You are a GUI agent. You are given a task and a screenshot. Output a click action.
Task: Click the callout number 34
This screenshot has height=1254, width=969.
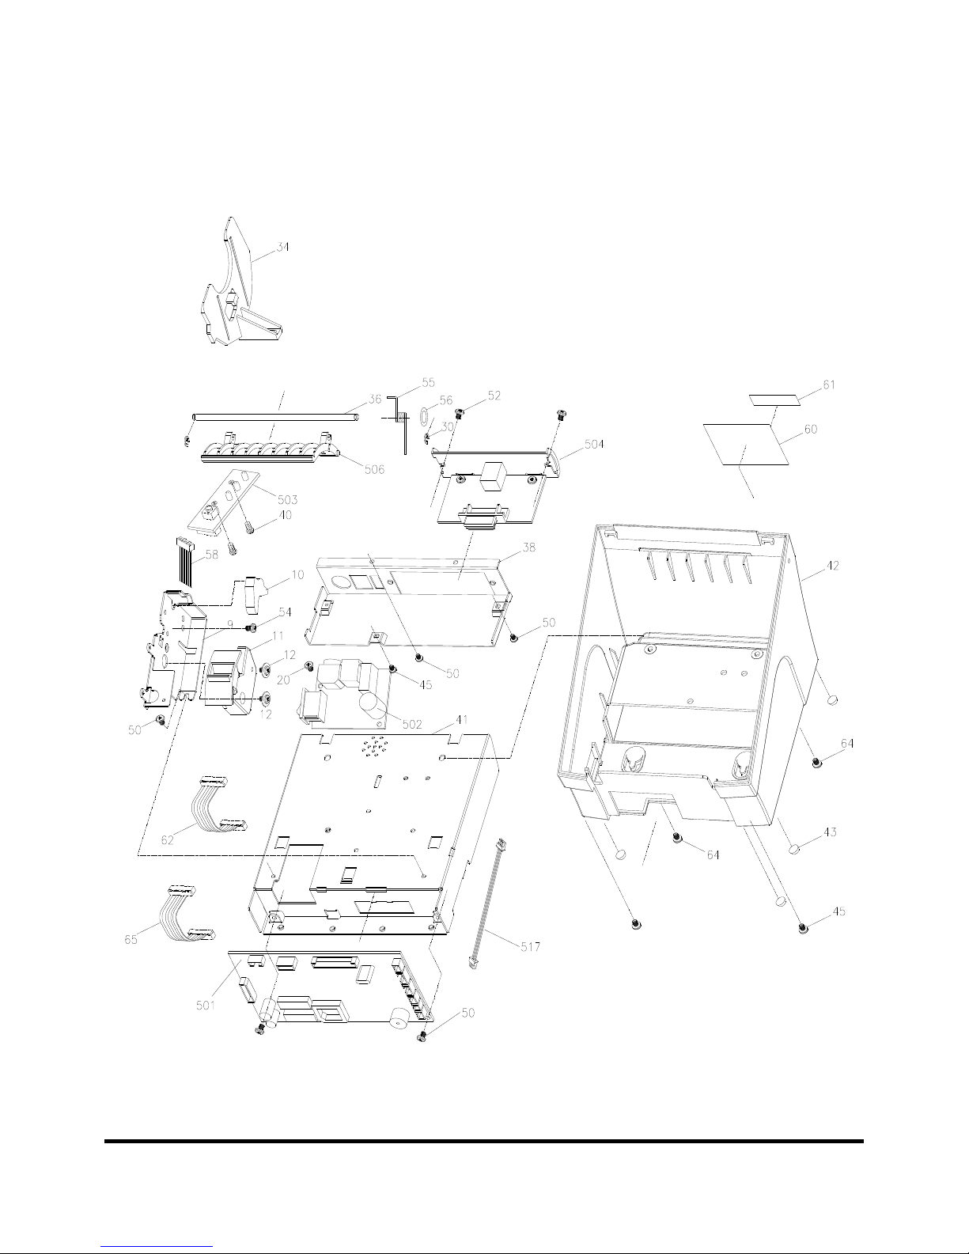pos(282,247)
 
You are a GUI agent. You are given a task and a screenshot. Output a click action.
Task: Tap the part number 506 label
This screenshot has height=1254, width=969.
pos(374,470)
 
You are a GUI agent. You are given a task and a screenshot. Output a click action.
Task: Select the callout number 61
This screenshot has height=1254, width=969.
pos(829,385)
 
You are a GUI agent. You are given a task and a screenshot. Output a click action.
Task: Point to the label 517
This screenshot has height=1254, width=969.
pos(530,946)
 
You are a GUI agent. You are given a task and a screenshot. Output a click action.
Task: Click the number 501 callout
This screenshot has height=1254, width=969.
pos(206,1006)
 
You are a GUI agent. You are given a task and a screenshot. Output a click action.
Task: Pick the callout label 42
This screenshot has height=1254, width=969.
pos(832,566)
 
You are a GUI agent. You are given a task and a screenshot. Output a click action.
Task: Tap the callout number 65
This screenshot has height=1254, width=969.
pos(131,939)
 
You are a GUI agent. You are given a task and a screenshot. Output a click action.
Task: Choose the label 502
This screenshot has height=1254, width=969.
pos(412,724)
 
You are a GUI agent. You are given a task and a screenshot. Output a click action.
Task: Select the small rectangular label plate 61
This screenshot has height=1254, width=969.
pos(776,400)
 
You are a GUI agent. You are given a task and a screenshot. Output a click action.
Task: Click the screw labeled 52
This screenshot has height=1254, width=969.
pos(460,413)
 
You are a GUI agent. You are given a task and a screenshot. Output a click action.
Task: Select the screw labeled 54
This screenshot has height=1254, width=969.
pos(251,627)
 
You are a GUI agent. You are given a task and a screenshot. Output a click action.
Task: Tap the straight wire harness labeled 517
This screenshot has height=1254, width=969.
pos(487,905)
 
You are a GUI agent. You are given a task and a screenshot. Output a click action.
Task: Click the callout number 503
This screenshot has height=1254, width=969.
pos(287,500)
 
